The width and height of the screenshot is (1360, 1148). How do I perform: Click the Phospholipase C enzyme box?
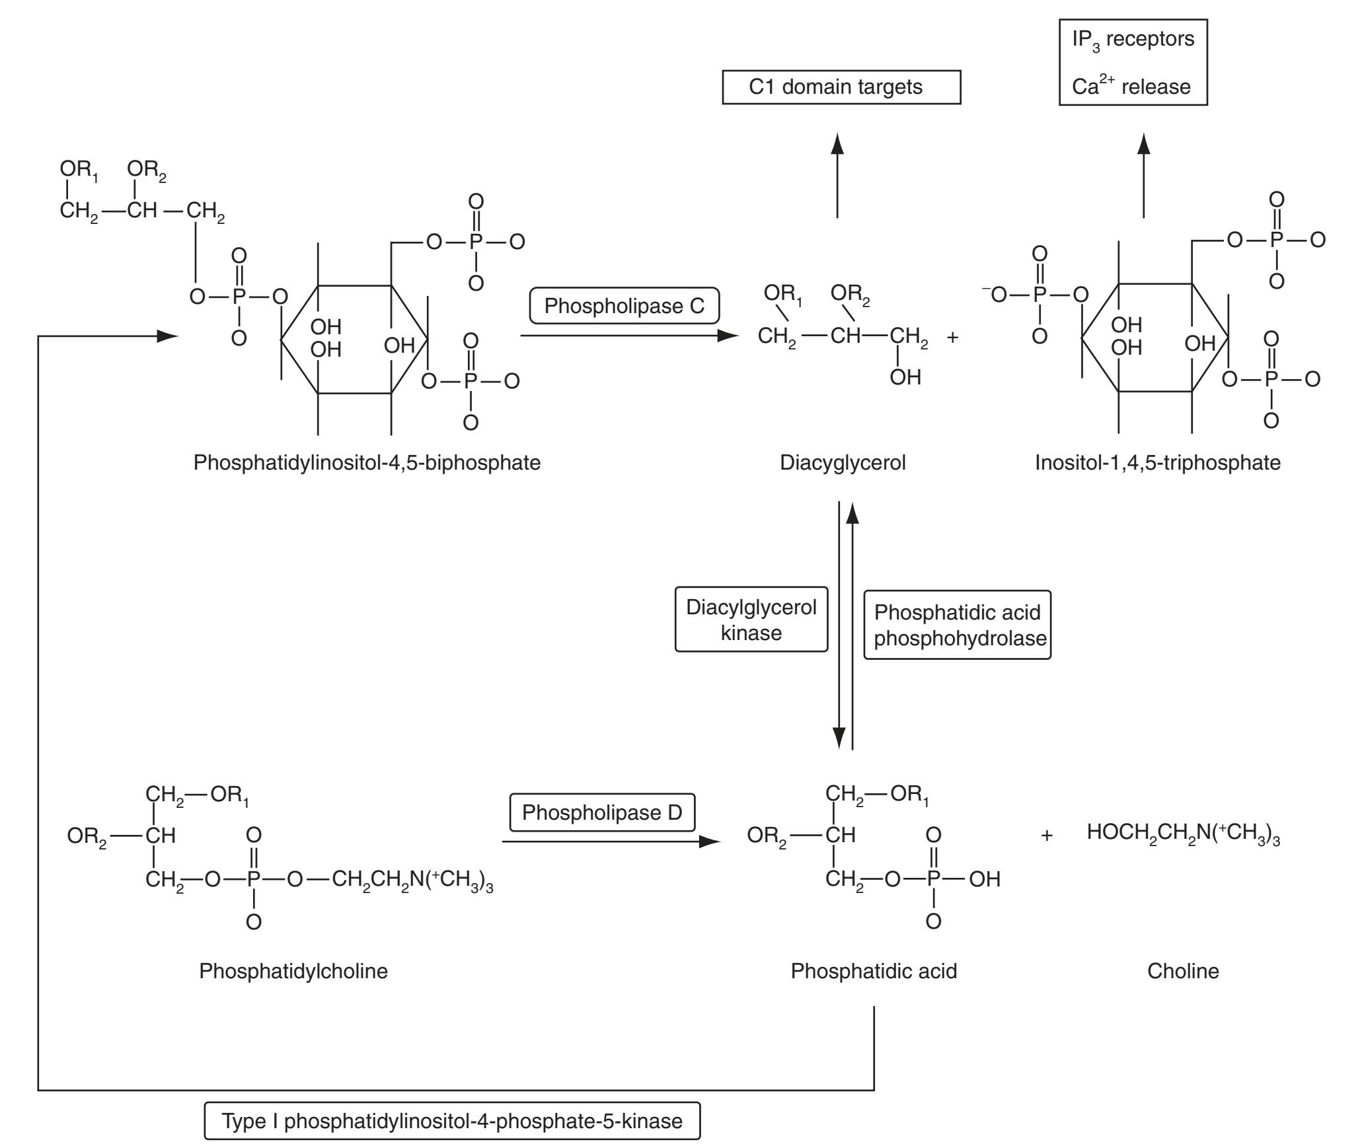[x=624, y=306]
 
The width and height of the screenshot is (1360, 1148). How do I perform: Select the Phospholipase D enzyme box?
[x=602, y=812]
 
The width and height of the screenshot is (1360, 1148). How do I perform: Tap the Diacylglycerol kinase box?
[x=751, y=620]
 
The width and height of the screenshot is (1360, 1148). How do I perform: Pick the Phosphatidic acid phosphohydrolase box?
[x=957, y=625]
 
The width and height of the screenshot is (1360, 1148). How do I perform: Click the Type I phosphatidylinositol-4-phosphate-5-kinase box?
[x=452, y=1121]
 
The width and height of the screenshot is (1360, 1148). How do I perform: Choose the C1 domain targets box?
[x=841, y=87]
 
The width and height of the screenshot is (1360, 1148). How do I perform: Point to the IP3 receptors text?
[x=1133, y=40]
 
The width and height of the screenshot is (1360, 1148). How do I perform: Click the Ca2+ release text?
[x=1131, y=87]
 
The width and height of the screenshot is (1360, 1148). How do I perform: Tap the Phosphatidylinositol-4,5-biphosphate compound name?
[x=367, y=462]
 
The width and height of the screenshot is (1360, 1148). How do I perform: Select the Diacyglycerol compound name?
[x=843, y=462]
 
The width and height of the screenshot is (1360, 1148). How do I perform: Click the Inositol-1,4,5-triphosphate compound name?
[x=1158, y=462]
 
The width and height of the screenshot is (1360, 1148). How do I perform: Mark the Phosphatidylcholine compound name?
[x=293, y=971]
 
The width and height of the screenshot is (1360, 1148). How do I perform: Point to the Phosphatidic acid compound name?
[x=874, y=971]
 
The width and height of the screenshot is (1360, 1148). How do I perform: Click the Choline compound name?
[x=1183, y=971]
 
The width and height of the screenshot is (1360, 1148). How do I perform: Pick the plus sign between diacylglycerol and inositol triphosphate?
[x=952, y=337]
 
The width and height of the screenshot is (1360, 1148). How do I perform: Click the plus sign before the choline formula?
[x=1046, y=836]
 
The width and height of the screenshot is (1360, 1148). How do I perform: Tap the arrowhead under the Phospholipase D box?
[x=710, y=842]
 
